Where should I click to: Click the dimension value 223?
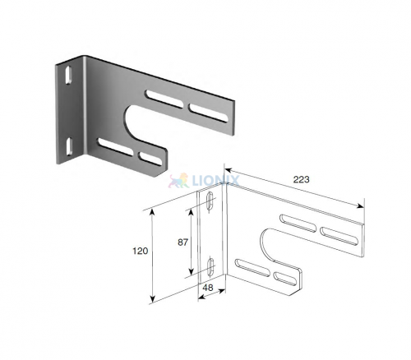pos(301,179)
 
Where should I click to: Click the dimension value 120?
pos(141,251)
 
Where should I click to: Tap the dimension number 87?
pos(183,242)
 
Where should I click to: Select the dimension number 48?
pos(209,288)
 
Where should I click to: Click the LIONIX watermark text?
pos(216,181)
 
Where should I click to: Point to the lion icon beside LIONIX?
pos(178,181)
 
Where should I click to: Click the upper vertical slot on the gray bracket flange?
pos(68,75)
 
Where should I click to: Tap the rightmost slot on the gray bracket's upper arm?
pos(209,113)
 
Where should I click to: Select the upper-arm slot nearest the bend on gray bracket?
pos(164,99)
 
